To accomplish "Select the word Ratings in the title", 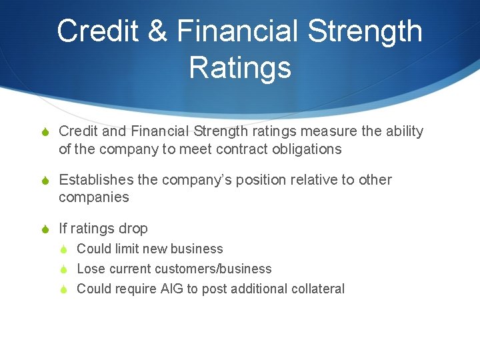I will click(240, 67).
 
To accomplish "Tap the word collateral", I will click(319, 289).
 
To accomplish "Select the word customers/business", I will click(213, 269).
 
